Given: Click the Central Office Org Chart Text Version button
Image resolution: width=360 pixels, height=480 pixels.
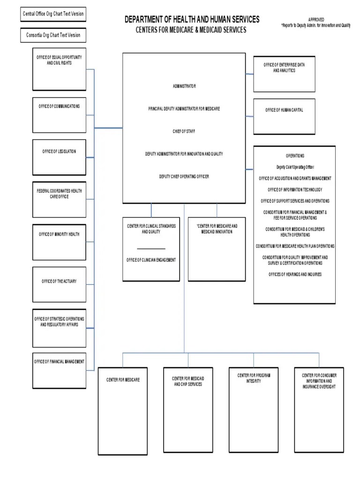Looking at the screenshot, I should click(53, 14).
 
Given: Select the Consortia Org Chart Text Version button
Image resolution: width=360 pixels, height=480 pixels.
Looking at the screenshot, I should click(53, 35).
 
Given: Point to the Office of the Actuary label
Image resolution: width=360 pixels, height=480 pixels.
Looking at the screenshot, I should click(59, 281).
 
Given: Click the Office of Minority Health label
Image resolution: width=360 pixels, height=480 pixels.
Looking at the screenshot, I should click(59, 234).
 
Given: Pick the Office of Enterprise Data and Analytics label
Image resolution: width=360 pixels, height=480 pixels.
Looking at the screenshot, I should click(284, 67).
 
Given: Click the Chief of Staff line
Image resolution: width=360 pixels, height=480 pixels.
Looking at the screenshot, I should click(184, 131).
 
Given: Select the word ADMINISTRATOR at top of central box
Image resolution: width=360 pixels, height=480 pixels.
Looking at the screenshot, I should click(184, 86).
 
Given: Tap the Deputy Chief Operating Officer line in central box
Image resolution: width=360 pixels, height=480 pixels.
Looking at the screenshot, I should click(184, 176).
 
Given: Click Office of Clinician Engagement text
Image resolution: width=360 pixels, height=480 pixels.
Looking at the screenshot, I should click(151, 260).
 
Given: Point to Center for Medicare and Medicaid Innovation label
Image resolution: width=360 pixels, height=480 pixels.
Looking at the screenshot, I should click(217, 229).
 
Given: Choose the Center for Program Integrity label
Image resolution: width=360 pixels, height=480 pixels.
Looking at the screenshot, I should click(254, 378).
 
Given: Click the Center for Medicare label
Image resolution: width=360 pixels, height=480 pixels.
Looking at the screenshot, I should click(123, 379).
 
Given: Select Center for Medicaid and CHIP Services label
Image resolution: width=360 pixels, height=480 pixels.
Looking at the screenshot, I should click(188, 381).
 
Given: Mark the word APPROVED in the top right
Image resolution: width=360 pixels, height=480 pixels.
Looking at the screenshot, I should click(316, 20).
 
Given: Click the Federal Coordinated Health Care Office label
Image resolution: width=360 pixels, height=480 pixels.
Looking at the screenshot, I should click(59, 194).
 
